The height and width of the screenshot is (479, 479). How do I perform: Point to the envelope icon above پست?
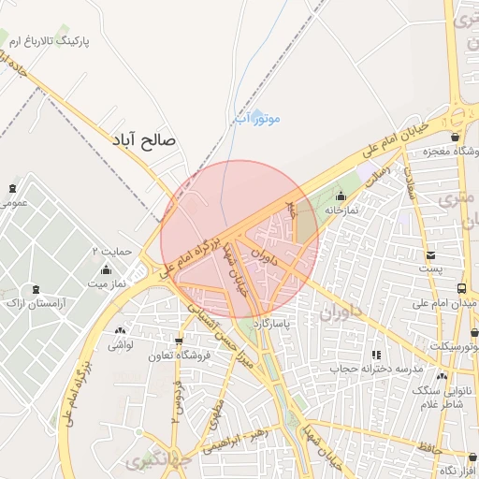point(429,255)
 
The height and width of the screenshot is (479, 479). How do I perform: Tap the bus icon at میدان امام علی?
point(462,289)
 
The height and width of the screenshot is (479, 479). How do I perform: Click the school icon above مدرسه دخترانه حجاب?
point(376,355)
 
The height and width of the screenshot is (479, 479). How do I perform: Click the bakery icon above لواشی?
point(120,331)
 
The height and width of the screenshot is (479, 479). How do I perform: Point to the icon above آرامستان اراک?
point(36,290)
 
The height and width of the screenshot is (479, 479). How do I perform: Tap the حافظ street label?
point(428,448)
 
